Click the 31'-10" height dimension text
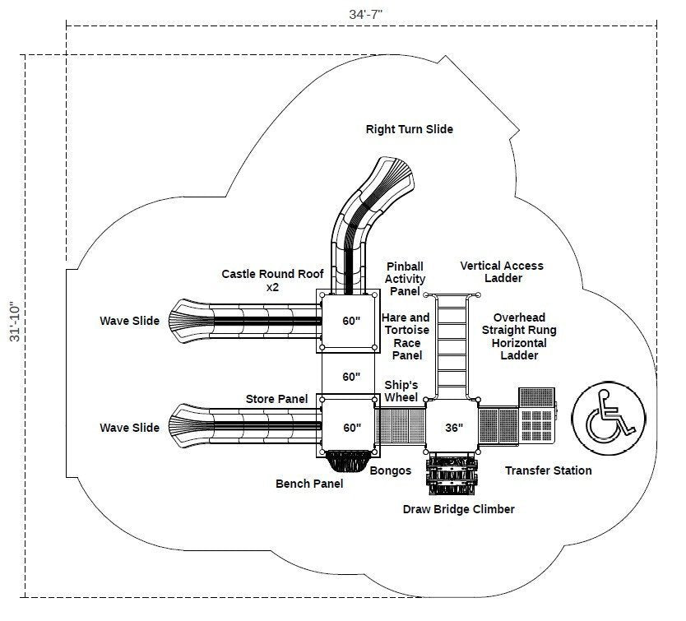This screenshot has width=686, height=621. tap(12, 322)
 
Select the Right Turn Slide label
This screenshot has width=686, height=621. tap(409, 129)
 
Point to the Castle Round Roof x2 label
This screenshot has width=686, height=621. tap(272, 280)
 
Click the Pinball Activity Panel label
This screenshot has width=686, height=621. tap(405, 278)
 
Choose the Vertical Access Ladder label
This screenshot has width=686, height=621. tap(502, 271)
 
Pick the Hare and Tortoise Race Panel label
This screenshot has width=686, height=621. tap(406, 336)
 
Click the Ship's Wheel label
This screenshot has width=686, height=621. tap(401, 392)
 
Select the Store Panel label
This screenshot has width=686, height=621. tap(276, 400)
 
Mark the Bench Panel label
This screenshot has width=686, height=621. tap(309, 484)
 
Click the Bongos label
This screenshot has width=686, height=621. tap(391, 470)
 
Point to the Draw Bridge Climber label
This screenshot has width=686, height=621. tap(458, 509)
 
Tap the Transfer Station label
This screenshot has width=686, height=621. tap(548, 470)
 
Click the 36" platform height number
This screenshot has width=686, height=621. tap(453, 428)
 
